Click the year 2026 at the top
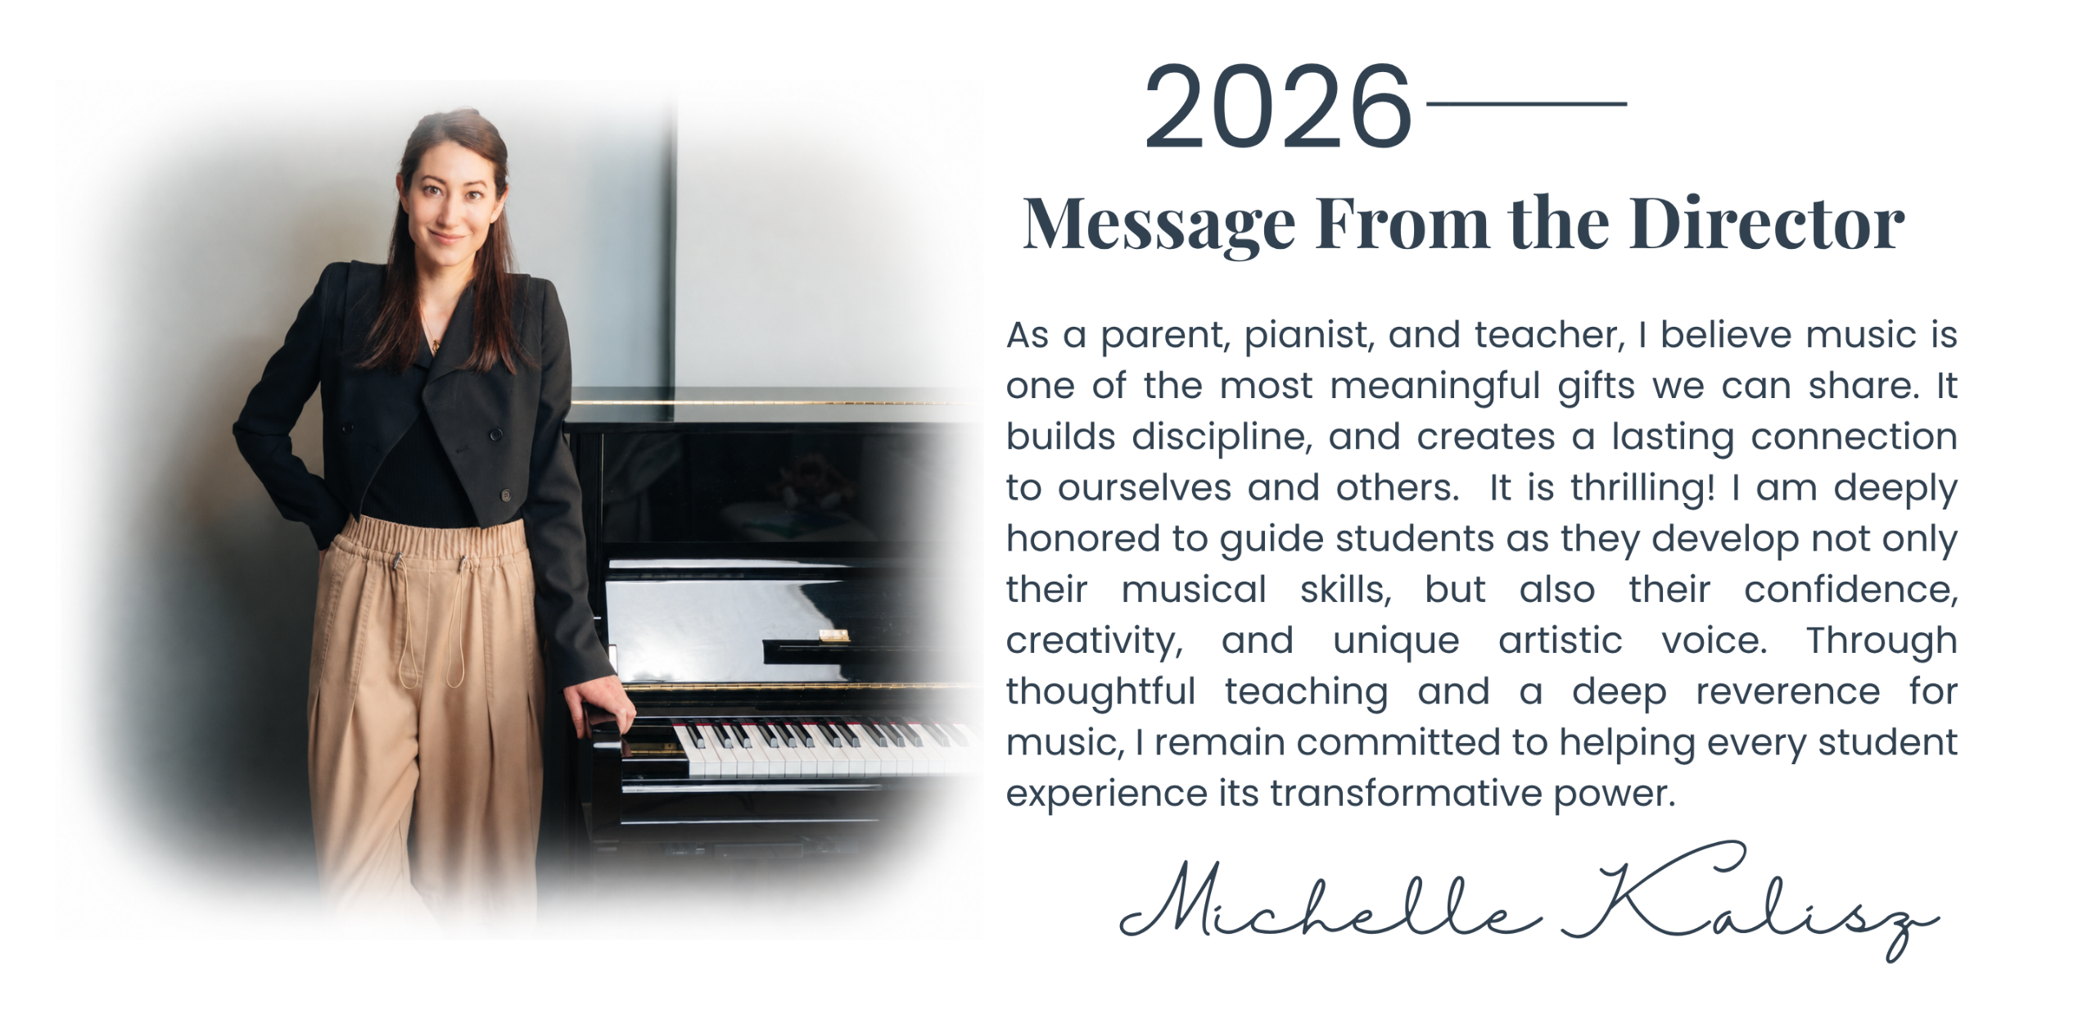(1278, 107)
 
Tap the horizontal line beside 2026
(1526, 103)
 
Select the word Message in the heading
(1159, 225)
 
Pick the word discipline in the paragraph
(1222, 437)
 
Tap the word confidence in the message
(1850, 590)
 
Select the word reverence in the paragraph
(1788, 691)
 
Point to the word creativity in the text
(1095, 641)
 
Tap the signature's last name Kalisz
(1750, 901)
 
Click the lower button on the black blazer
(506, 496)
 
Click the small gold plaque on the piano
(834, 635)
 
